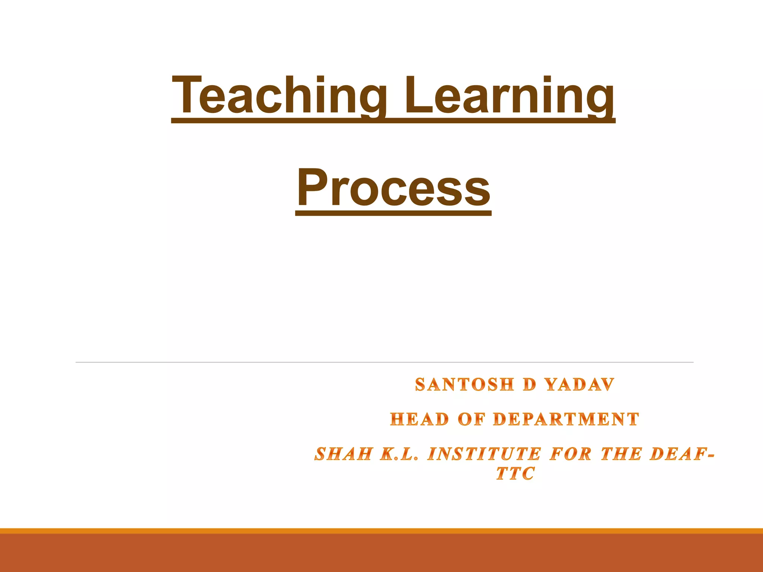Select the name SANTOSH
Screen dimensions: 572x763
point(465,385)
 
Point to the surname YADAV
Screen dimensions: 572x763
point(580,385)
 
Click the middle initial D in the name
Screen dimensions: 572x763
point(529,385)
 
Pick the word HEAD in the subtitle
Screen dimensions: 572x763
point(419,419)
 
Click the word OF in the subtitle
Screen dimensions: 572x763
point(471,419)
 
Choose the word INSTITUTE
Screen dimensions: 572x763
point(484,454)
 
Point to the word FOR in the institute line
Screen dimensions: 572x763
point(570,454)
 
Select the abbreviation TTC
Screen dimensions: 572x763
point(515,474)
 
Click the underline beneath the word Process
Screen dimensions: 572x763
point(393,214)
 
